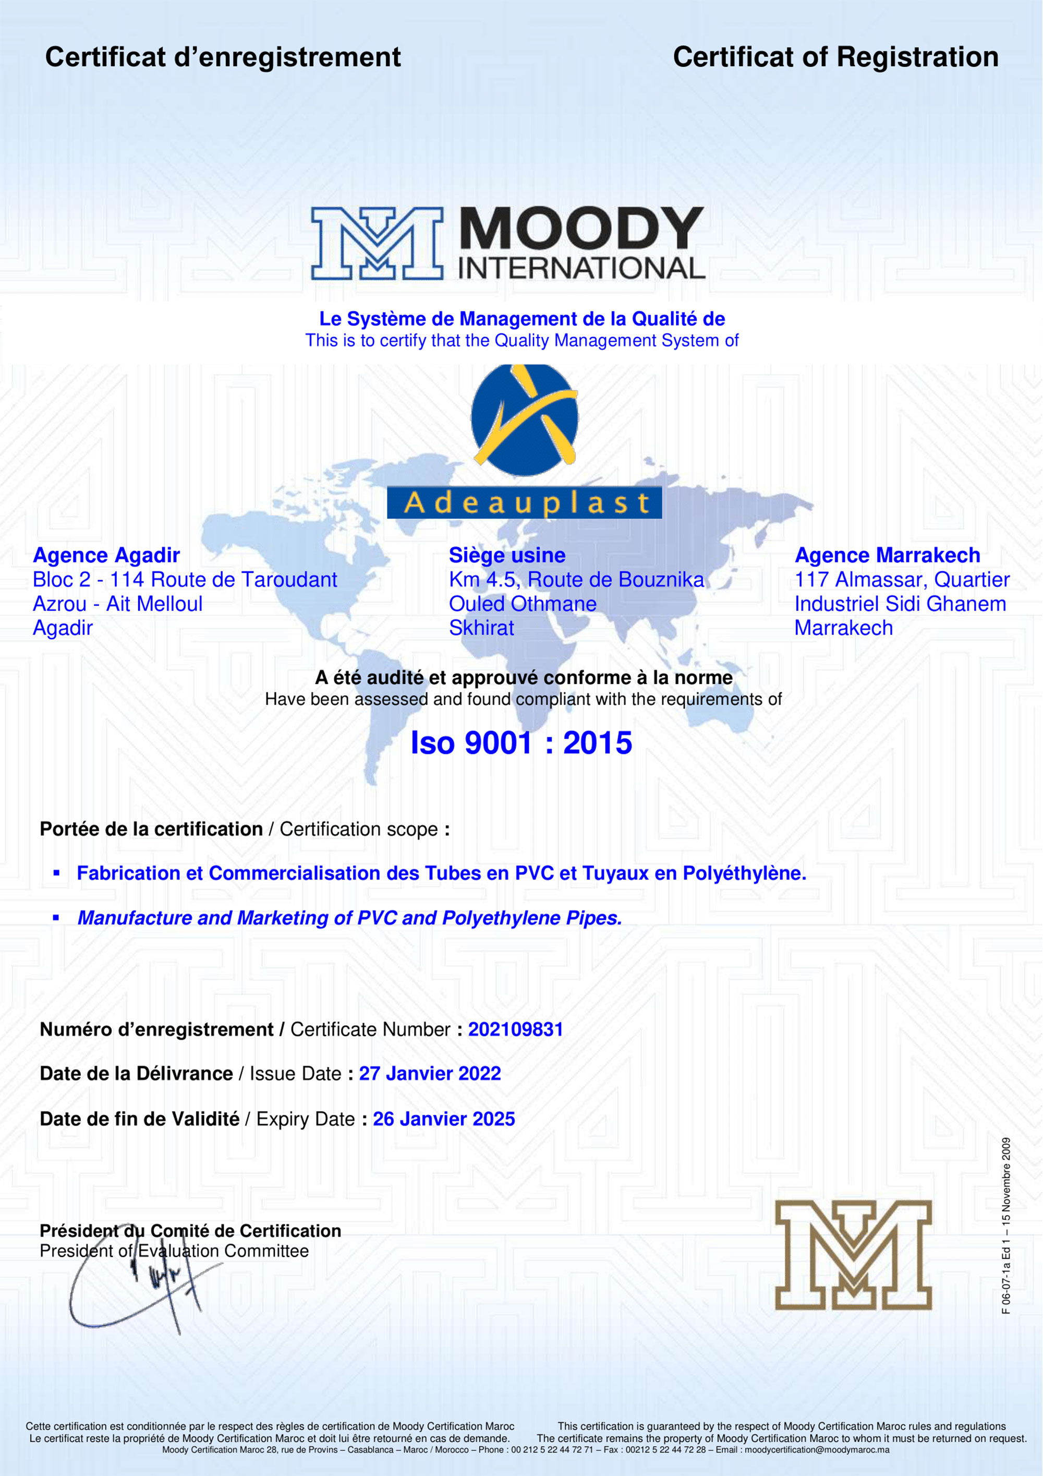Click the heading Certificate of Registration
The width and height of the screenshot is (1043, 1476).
click(835, 57)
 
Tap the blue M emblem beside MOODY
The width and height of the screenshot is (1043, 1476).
click(377, 243)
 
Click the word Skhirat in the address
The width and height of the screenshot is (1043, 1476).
click(481, 628)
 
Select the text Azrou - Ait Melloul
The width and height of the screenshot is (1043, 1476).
click(118, 604)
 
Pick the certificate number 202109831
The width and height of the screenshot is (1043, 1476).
click(515, 1029)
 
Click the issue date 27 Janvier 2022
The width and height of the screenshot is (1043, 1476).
click(429, 1074)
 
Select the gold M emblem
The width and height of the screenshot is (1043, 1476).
click(853, 1255)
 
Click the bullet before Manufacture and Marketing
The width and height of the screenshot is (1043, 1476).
click(56, 918)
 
